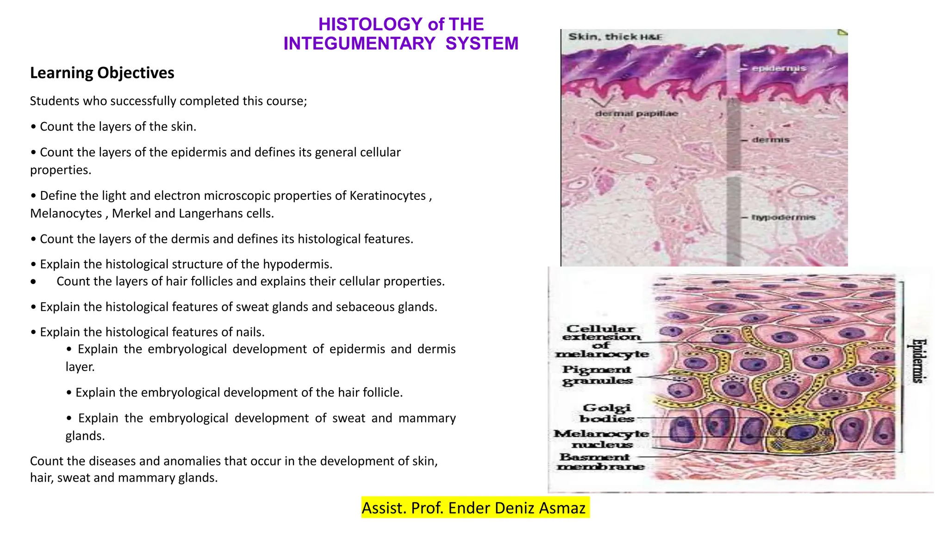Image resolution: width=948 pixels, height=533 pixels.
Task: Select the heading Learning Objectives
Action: tap(102, 73)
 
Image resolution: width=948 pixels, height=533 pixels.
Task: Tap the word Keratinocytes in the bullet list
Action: tap(387, 196)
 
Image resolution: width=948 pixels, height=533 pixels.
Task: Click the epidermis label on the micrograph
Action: tap(779, 68)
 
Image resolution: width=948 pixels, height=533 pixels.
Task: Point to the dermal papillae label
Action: tap(636, 114)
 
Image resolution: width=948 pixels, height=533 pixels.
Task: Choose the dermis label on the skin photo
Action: tap(771, 140)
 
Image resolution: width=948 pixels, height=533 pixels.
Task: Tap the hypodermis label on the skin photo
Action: tap(783, 217)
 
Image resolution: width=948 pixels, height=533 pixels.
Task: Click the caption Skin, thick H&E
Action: tap(615, 37)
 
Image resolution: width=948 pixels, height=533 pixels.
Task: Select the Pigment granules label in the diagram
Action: tap(597, 375)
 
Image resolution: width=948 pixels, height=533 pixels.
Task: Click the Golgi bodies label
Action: tap(606, 413)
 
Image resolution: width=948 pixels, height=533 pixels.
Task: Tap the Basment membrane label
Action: tap(601, 462)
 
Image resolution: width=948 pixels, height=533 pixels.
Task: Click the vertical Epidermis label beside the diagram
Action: tap(918, 361)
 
